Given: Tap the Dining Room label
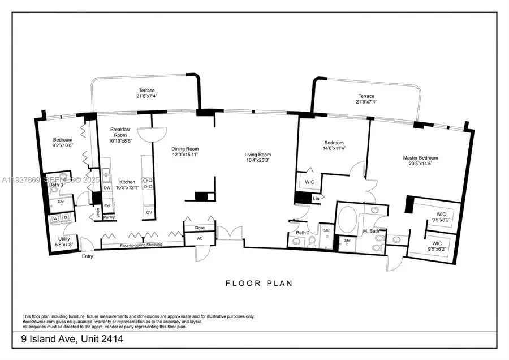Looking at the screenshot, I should [x=186, y=149].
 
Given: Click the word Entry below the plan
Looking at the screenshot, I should [x=88, y=256].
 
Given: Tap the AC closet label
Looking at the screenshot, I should [x=200, y=238].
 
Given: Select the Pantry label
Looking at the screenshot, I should [x=109, y=217].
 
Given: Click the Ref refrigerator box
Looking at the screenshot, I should [x=107, y=206].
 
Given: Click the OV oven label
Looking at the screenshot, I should [x=149, y=212].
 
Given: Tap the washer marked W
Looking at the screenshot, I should [x=55, y=218].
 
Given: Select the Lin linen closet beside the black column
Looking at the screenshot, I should [x=315, y=199].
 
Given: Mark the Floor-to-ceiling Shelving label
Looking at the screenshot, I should [x=141, y=245].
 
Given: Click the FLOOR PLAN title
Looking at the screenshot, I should [x=259, y=283].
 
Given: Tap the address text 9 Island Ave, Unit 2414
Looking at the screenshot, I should [x=72, y=339].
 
